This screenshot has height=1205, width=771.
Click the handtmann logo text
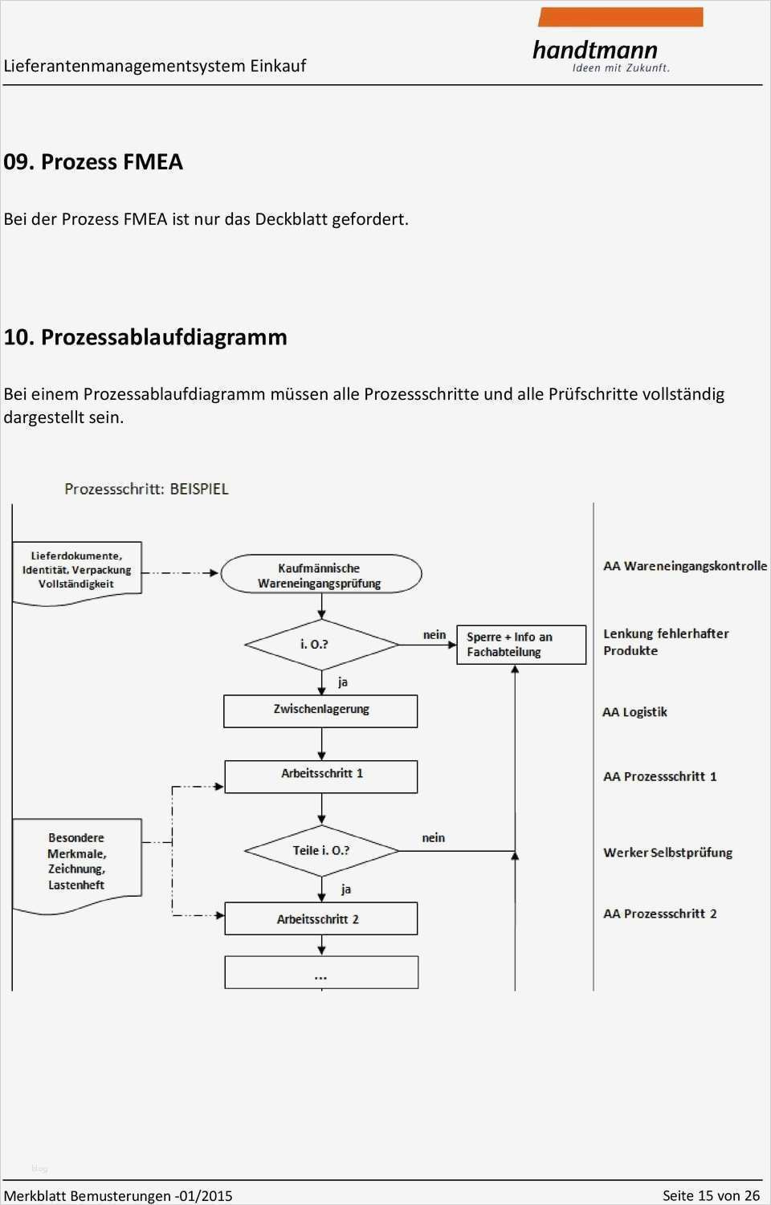(x=595, y=51)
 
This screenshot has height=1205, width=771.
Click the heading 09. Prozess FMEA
(x=93, y=162)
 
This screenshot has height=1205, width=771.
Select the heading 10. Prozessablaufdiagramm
(x=145, y=337)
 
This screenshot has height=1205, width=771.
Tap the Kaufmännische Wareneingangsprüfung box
(x=320, y=575)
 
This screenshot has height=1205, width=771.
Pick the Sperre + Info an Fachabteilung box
(x=520, y=645)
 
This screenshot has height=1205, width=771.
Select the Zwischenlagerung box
(x=320, y=710)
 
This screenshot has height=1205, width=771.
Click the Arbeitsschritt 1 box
(x=320, y=776)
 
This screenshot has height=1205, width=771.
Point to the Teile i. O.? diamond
(x=321, y=851)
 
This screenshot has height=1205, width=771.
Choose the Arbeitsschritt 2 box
(x=320, y=918)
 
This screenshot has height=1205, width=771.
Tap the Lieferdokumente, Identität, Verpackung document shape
(x=77, y=571)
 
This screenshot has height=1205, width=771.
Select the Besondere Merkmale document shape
(x=77, y=862)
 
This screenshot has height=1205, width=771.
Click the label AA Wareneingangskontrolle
(x=685, y=566)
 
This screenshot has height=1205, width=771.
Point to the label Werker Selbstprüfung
(x=667, y=853)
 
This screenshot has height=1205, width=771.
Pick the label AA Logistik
(x=634, y=712)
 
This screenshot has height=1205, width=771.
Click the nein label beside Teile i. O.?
(x=433, y=838)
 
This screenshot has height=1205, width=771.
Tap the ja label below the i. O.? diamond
(x=343, y=682)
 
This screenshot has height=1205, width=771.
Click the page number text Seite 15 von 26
(x=710, y=1195)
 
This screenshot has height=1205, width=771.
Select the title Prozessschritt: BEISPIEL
(x=146, y=489)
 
